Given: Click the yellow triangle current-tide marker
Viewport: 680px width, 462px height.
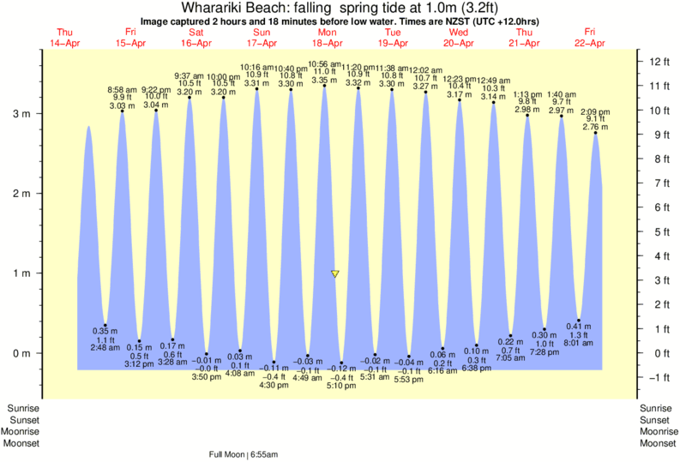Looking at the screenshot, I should pyautogui.click(x=334, y=274).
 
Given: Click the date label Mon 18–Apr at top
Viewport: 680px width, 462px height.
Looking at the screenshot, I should pyautogui.click(x=327, y=38).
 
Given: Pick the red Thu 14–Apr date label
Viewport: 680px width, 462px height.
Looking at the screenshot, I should pyautogui.click(x=65, y=38).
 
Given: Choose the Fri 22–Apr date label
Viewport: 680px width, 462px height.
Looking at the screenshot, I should pyautogui.click(x=590, y=38).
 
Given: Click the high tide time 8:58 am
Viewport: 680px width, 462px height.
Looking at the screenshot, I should pyautogui.click(x=121, y=89).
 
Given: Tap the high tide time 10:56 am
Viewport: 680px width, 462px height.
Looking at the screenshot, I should pyautogui.click(x=324, y=63).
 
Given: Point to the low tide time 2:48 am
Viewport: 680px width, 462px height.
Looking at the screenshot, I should pyautogui.click(x=105, y=347).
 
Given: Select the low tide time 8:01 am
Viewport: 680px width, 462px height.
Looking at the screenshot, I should pyautogui.click(x=579, y=344).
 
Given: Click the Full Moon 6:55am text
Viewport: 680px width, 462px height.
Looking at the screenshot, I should pyautogui.click(x=249, y=454).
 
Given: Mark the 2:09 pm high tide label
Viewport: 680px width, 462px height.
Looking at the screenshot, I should pyautogui.click(x=595, y=111).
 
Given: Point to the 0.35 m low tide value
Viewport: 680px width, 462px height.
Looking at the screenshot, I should pyautogui.click(x=105, y=331).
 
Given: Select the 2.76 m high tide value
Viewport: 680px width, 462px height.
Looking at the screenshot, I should pyautogui.click(x=595, y=128).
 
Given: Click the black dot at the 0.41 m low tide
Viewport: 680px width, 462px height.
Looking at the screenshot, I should pyautogui.click(x=579, y=320).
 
